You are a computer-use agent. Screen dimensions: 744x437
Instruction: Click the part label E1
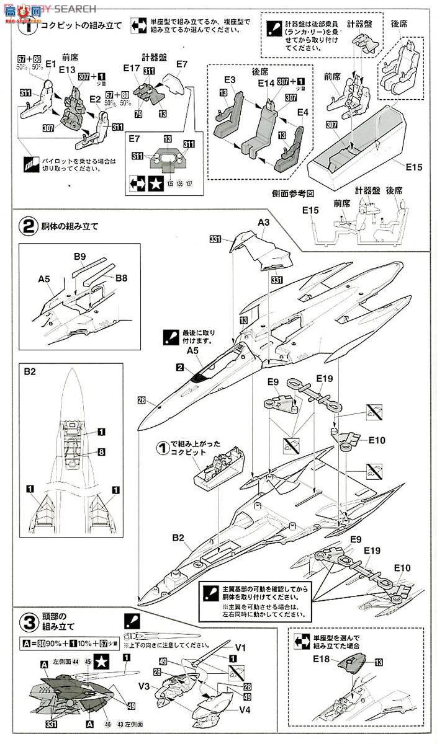[52, 64]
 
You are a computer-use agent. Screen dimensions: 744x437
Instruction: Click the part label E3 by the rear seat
[230, 80]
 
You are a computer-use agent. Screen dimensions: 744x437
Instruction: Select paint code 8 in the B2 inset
[101, 453]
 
